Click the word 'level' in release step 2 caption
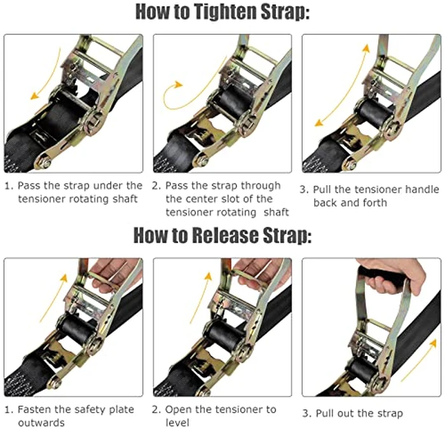point(180,423)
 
